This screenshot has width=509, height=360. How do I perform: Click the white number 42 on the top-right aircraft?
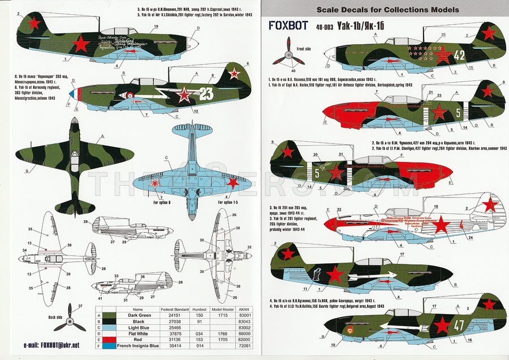[459, 55]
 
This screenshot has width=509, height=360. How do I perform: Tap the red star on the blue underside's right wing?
[232, 183]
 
